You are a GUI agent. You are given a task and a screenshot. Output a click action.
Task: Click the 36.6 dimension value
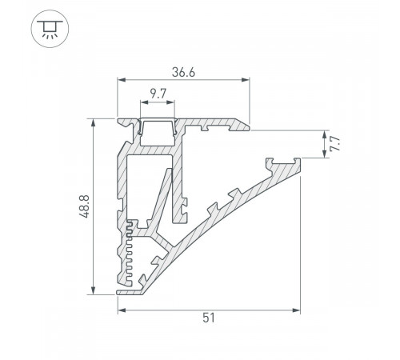(x=182, y=72)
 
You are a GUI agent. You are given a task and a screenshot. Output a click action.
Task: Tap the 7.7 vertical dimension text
(x=336, y=145)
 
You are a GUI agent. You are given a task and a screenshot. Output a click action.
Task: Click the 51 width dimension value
(x=208, y=318)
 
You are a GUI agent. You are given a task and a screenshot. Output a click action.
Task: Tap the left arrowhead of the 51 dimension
(x=122, y=308)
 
